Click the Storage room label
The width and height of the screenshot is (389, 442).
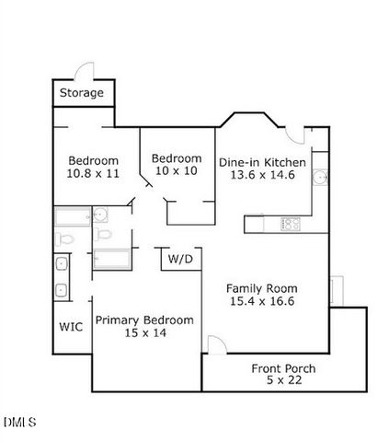coord(81,93)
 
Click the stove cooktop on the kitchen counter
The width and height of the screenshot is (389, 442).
coord(291,224)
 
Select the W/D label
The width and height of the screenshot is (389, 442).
coord(180,261)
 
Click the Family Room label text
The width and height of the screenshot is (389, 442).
coord(261,287)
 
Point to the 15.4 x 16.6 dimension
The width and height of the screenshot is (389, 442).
coord(261,301)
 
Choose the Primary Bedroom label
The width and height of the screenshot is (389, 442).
coord(144,320)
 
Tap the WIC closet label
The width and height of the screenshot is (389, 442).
coord(71,326)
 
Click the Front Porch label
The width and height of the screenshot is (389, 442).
coord(283,369)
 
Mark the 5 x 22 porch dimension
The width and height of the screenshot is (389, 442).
coord(283,381)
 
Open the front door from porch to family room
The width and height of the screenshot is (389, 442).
coord(213,345)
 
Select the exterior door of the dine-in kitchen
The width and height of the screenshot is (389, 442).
coord(296,134)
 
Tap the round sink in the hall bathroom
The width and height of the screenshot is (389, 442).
coord(101,216)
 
